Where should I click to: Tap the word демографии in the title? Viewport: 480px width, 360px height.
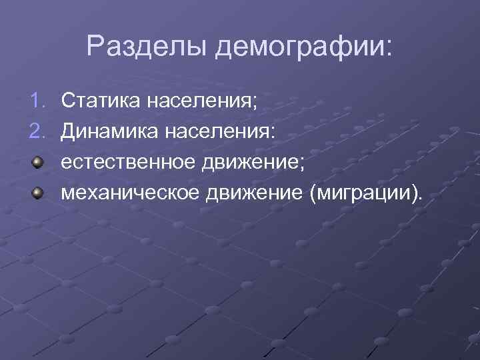pos(300,47)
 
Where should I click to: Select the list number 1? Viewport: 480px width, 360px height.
pos(37,101)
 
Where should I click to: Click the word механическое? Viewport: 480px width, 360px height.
pos(131,193)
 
